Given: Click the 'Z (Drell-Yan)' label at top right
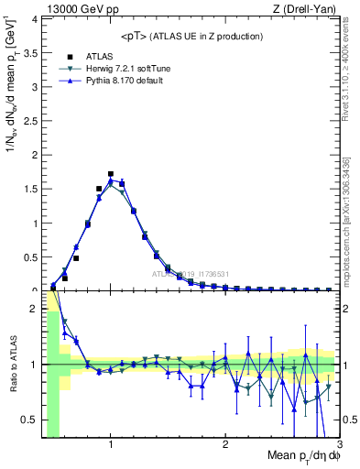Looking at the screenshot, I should (x=305, y=8).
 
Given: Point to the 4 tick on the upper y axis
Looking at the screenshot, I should (x=35, y=19).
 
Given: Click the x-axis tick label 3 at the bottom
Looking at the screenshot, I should (x=340, y=445).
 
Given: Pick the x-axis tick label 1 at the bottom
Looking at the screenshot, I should (x=111, y=445).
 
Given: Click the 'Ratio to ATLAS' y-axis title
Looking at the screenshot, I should (x=11, y=364).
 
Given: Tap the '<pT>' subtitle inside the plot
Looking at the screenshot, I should (x=192, y=36).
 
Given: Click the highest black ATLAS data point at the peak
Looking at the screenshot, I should (x=111, y=173).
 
